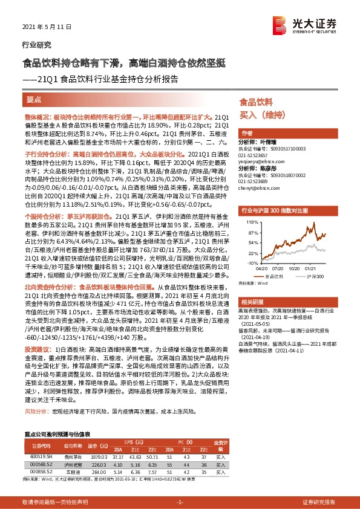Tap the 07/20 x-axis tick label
277,270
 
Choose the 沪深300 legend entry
312,276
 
